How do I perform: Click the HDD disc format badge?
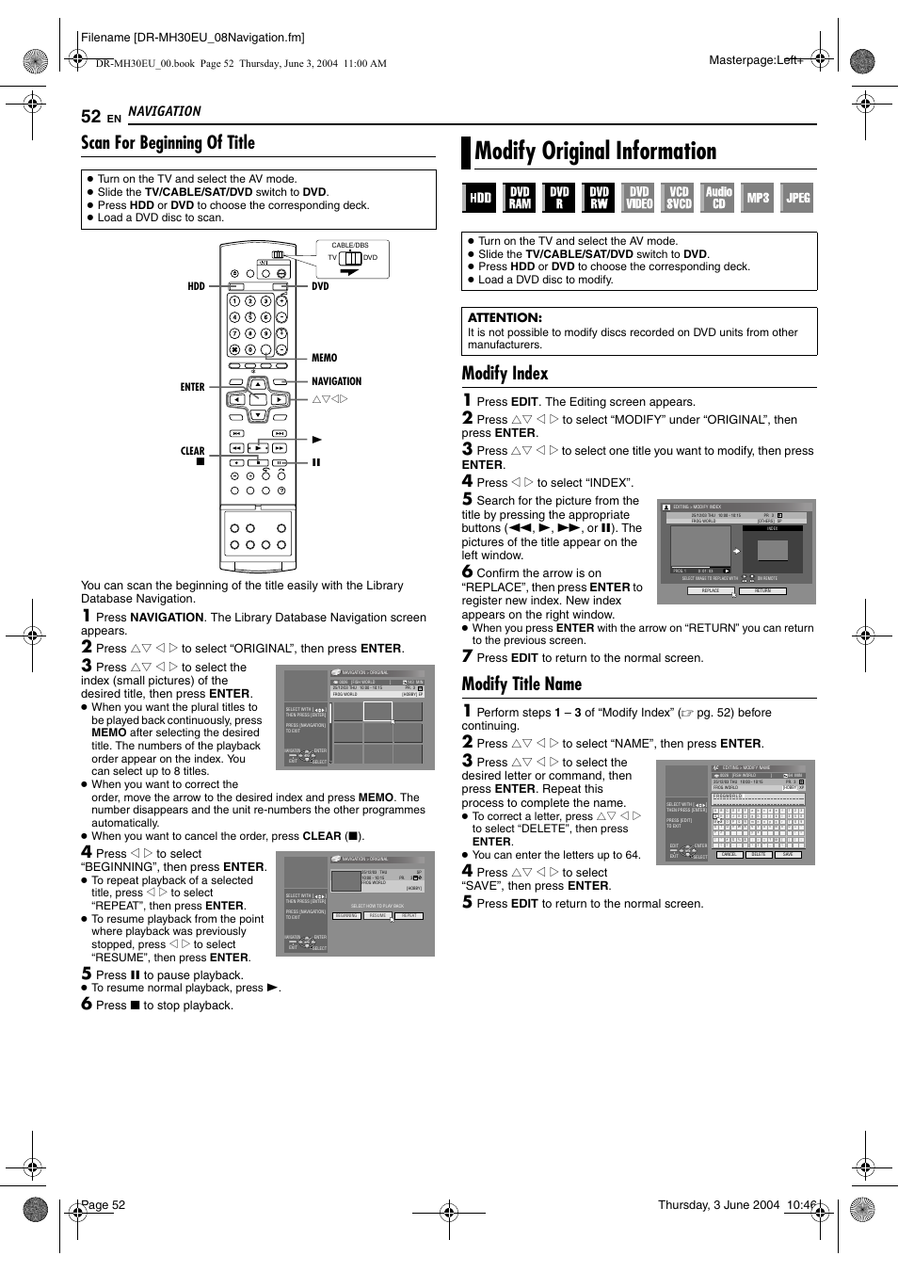480,198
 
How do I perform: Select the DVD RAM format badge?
520,198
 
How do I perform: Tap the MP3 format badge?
758,198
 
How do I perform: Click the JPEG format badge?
797,198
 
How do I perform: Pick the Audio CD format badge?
718,198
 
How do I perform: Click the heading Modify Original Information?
595,152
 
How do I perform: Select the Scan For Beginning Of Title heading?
168,143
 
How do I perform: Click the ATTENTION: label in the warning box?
505,318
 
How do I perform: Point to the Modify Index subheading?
505,374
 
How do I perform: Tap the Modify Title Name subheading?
521,684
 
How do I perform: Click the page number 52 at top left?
90,116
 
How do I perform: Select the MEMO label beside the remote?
324,358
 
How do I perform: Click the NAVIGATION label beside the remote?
336,381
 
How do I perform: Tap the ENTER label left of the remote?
192,387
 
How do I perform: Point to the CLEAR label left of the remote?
192,451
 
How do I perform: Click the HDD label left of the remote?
196,286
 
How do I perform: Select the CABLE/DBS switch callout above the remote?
351,257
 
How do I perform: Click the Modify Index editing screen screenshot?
736,549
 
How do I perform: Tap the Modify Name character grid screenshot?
735,813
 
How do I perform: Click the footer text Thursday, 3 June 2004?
718,1205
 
